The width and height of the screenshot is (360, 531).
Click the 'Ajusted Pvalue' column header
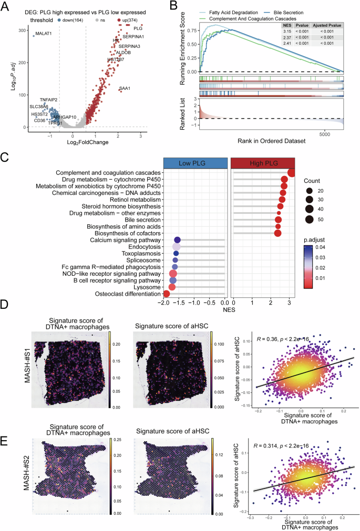click(326, 25)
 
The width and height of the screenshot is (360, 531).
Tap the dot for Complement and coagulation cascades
click(292, 173)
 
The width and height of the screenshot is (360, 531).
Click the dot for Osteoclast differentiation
click(167, 294)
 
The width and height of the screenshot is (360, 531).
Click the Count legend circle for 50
click(310, 219)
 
